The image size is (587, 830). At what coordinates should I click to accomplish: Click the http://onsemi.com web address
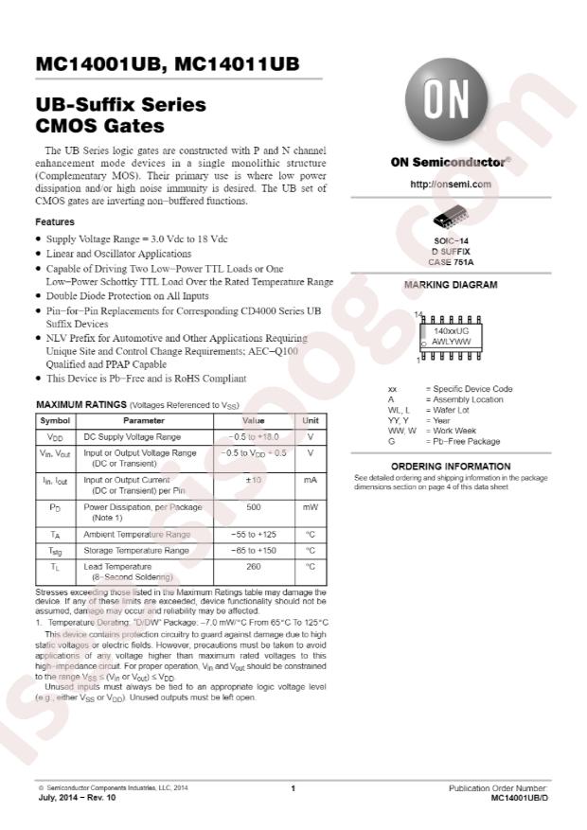(451, 184)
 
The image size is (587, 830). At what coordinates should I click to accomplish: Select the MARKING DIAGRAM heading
(451, 284)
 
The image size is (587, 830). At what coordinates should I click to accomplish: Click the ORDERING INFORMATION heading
(451, 467)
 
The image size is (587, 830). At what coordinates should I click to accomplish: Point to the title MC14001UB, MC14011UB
(167, 64)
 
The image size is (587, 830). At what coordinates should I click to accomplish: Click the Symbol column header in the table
(55, 419)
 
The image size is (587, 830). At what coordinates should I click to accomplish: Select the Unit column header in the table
(310, 419)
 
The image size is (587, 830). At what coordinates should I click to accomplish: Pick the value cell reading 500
(254, 507)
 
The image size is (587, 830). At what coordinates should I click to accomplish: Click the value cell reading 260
(254, 566)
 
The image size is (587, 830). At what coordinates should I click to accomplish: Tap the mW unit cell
(310, 507)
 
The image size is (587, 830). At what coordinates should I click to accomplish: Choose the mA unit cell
(310, 480)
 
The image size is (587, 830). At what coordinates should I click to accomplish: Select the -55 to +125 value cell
(254, 535)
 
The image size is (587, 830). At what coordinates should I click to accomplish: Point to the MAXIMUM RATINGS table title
(137, 404)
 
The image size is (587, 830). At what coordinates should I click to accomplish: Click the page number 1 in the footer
(293, 788)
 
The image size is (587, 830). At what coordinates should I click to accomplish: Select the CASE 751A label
(451, 261)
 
